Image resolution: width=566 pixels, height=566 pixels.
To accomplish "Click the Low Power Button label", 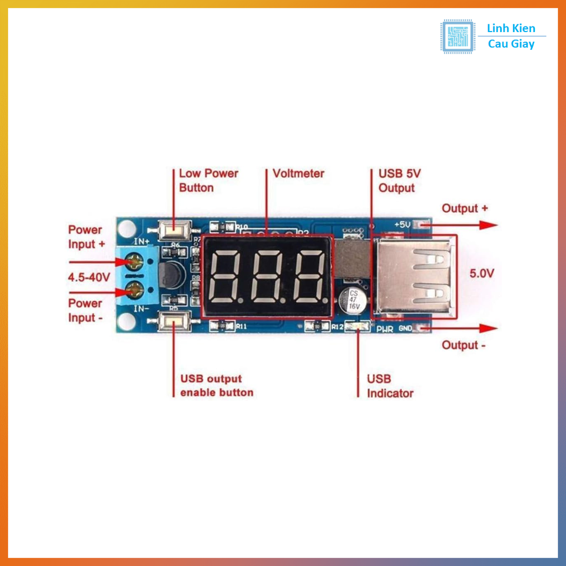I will point(208,181).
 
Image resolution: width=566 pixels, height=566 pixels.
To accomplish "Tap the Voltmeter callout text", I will point(298,174).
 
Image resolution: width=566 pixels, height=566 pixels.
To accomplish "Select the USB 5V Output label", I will point(399,181).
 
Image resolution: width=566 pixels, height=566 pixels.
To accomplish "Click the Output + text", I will point(464,208).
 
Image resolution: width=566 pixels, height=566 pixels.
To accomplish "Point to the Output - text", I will point(463,345).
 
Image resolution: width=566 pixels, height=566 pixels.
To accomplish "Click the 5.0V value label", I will point(481,273).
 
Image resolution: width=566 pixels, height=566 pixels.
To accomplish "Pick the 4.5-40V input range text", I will point(88,277).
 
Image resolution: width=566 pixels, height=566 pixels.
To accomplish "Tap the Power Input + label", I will point(86,237).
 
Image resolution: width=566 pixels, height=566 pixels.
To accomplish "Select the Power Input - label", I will point(85,310).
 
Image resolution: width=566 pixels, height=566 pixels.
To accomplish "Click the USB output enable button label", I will point(217,386).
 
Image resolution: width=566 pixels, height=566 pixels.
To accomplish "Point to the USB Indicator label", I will point(390,386).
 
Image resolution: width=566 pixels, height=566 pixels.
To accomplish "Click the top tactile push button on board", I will point(175,230).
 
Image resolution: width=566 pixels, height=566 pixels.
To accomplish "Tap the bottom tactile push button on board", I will point(174,321).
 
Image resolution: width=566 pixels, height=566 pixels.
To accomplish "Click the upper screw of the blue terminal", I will point(134,259).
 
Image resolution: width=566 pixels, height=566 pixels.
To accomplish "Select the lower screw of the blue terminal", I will point(134,289).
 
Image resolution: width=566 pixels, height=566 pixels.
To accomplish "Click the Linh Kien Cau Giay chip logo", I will point(458,36).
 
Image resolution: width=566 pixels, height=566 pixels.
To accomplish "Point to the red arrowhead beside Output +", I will point(488,225).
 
